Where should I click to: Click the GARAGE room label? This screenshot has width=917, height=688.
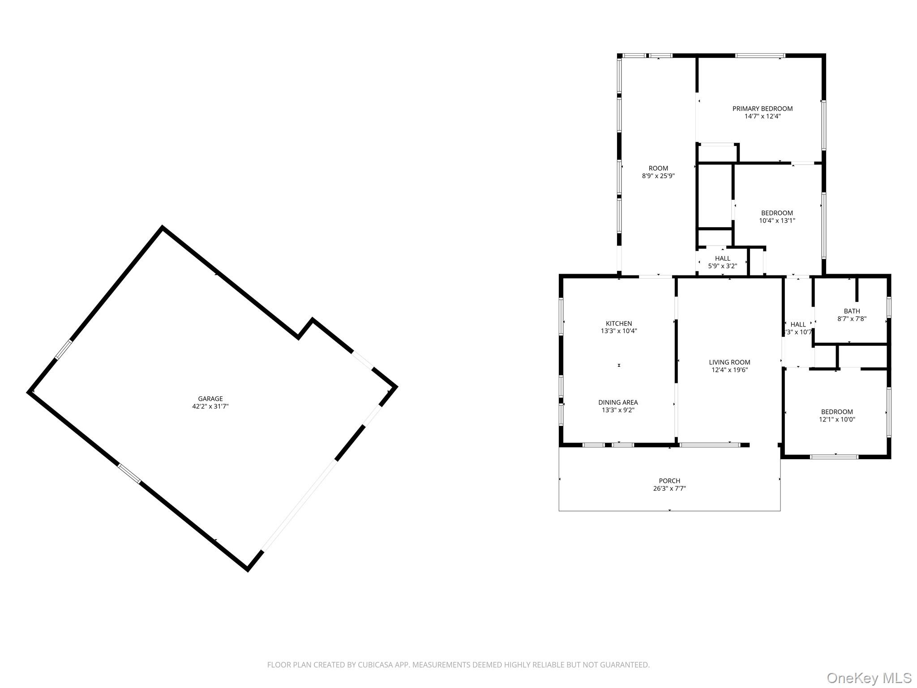(210, 399)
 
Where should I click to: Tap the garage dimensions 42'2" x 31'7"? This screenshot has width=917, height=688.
(210, 406)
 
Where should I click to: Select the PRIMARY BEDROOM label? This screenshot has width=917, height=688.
(763, 108)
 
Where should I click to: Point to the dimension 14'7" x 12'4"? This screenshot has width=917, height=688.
(763, 116)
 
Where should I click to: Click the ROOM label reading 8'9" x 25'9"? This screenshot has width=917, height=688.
(658, 168)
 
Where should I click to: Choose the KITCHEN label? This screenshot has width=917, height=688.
(619, 323)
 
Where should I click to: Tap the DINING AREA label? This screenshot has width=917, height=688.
(618, 402)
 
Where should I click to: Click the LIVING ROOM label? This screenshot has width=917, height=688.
(729, 362)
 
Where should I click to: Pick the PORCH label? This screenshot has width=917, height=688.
(669, 481)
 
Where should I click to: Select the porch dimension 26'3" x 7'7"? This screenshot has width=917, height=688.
(669, 488)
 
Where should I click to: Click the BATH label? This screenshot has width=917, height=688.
(852, 311)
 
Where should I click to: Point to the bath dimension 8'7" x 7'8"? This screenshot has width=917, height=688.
(852, 319)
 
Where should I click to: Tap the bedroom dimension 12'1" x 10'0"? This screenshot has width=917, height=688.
(837, 419)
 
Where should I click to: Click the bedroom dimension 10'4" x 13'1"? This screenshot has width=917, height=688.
(777, 220)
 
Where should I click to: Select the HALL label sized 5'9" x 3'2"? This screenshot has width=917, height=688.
(723, 258)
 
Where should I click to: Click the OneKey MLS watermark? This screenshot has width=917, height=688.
(869, 678)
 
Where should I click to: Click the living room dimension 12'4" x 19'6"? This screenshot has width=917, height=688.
(729, 370)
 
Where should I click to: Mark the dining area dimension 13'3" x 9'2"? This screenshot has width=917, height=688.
(618, 410)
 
